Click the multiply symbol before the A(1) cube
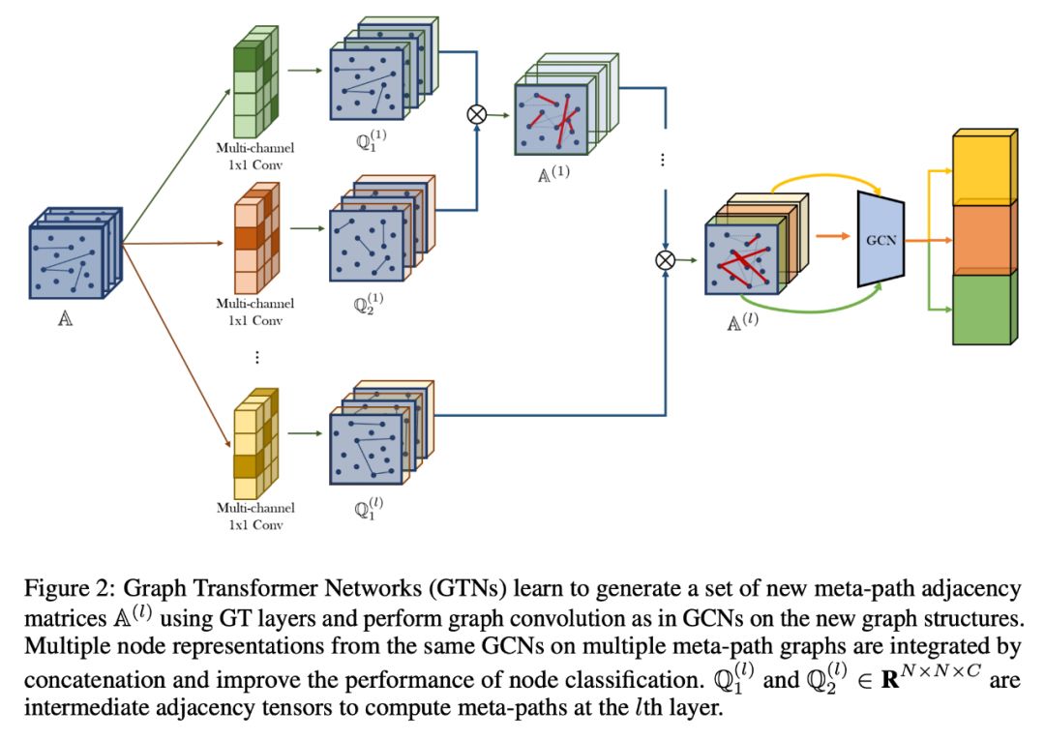(476, 113)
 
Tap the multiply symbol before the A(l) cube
(665, 258)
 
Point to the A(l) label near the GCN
(742, 318)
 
